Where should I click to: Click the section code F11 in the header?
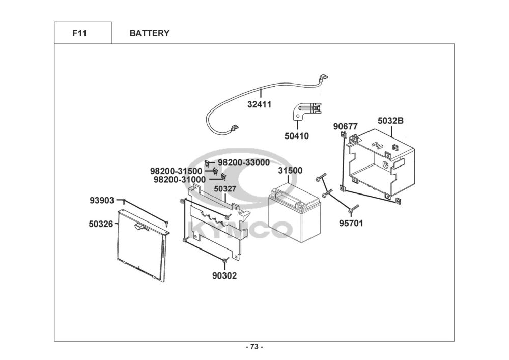[x=79, y=33]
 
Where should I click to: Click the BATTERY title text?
[x=149, y=33]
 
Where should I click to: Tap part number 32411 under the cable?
[x=260, y=104]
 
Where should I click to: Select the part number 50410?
[x=297, y=136]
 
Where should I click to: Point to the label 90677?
[x=346, y=126]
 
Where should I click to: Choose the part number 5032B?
[x=390, y=121]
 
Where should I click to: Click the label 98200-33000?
[x=244, y=162]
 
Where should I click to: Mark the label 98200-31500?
[x=176, y=171]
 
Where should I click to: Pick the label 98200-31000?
[x=180, y=179]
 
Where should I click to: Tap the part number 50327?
[x=225, y=189]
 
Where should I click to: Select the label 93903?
[x=102, y=200]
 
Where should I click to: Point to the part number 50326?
[x=101, y=223]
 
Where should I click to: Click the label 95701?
[x=351, y=223]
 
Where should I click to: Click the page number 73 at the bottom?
[x=254, y=347]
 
